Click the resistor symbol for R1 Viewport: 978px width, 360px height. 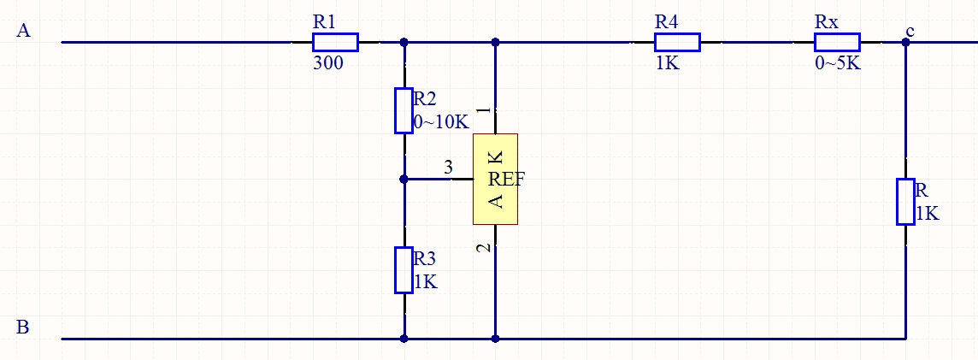coord(335,42)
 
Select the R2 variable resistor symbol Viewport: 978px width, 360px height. coord(404,110)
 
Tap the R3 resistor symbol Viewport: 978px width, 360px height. coord(404,269)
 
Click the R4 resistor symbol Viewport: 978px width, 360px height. coord(677,42)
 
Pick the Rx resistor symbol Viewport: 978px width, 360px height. coord(837,42)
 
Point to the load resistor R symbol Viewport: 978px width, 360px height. coord(905,202)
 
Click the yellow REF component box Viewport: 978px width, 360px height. coord(495,179)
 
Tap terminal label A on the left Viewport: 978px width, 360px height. coord(24,32)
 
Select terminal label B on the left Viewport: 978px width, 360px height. coord(24,327)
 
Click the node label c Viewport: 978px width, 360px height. coord(910,32)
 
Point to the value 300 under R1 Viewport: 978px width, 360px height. coord(328,62)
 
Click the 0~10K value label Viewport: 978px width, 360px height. coord(441,121)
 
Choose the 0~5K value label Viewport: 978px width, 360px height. coord(837,63)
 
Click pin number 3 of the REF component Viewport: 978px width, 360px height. coord(449,168)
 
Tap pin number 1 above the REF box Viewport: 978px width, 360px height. coord(484,111)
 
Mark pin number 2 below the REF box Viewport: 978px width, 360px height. coord(484,248)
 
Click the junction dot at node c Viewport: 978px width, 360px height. coord(905,42)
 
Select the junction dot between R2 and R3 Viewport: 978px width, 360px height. coord(404,179)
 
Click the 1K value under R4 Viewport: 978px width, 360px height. coord(668,63)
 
